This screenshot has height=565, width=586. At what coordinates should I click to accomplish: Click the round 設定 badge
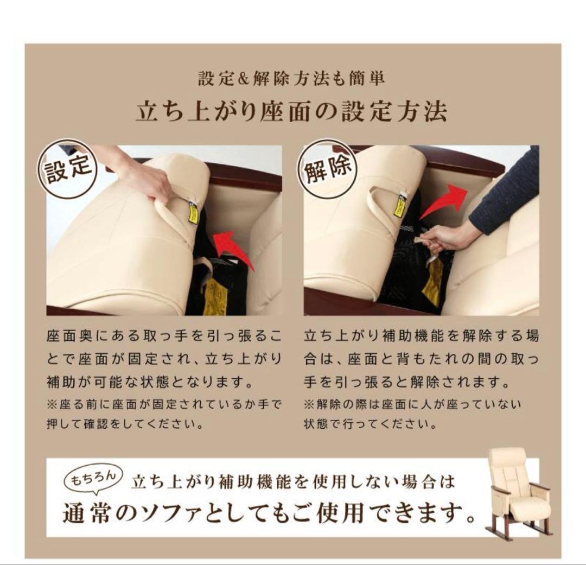tap(67, 169)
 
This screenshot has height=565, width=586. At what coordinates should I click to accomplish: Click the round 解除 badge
tap(327, 169)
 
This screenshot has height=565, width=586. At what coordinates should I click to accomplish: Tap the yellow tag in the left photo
tap(193, 213)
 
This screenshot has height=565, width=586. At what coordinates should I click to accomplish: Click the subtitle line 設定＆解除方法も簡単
tap(291, 79)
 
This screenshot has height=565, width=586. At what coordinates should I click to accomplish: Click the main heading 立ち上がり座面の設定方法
tap(291, 111)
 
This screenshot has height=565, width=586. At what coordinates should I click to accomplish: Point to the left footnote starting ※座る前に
tap(164, 414)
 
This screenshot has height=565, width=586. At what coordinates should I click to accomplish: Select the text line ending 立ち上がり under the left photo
tap(164, 359)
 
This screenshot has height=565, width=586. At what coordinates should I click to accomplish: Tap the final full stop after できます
tap(471, 519)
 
